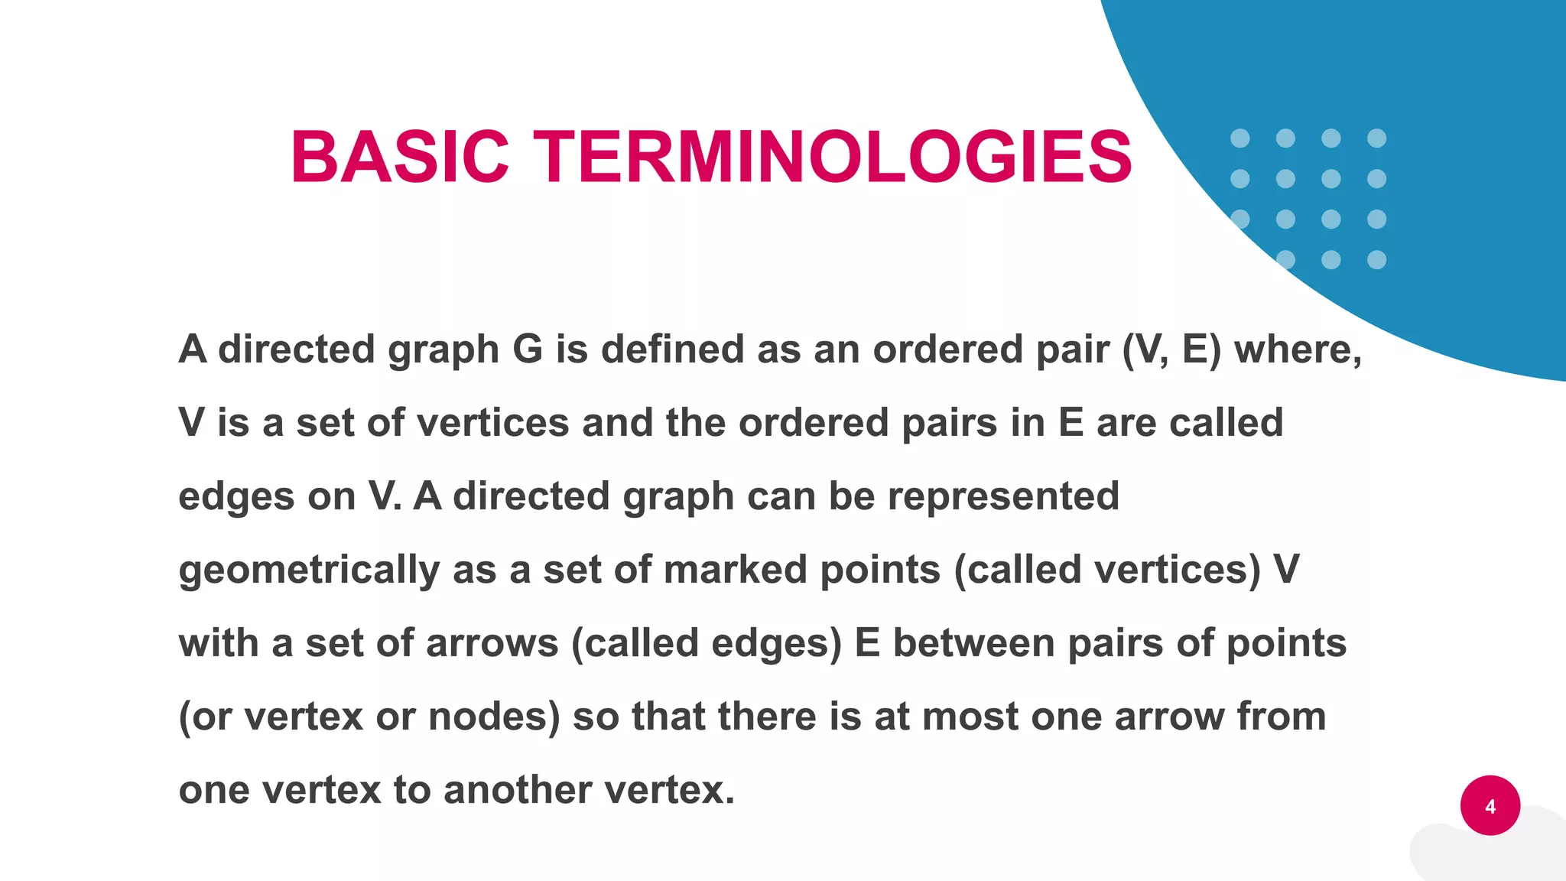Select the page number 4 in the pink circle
coord(1490,806)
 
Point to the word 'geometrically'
coord(309,571)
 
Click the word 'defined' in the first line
coord(672,349)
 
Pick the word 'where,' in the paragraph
coord(1298,349)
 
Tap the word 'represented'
coord(1003,496)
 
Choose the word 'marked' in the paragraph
coord(736,570)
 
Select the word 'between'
coord(973,643)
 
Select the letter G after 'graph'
coord(527,349)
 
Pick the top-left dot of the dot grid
coord(1239,138)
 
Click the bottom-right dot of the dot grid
coord(1376,260)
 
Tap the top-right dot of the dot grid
coord(1376,138)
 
